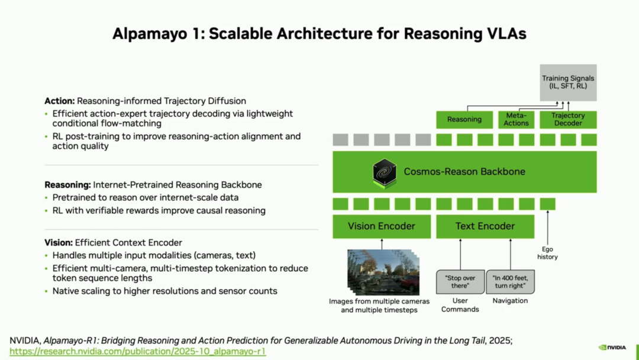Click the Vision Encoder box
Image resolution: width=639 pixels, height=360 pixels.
click(x=382, y=226)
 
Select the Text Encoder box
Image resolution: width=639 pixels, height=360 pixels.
click(x=485, y=226)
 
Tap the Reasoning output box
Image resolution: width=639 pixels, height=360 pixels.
click(x=464, y=120)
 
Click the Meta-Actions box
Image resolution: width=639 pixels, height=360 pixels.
click(x=516, y=120)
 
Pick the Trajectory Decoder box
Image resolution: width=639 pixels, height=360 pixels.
click(x=567, y=120)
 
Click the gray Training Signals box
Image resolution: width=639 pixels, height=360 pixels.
click(x=568, y=82)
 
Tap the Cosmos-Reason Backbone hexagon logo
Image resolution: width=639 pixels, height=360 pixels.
click(x=385, y=172)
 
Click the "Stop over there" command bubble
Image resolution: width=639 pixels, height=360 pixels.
click(x=460, y=282)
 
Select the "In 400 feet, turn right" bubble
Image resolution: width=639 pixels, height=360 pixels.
click(x=510, y=282)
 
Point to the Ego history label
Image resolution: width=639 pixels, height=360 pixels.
click(x=547, y=253)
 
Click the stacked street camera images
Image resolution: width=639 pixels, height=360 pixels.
click(x=382, y=272)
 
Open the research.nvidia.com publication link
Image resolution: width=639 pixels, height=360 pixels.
click(x=138, y=351)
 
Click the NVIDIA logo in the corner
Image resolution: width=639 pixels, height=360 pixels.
click(x=613, y=348)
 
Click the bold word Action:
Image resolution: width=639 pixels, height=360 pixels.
click(x=59, y=101)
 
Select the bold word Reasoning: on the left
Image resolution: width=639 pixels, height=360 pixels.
click(x=67, y=185)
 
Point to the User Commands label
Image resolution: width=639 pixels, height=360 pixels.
click(x=460, y=305)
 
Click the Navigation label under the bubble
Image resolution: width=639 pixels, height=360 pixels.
click(x=510, y=301)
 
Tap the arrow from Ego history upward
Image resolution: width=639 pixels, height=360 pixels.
click(x=547, y=225)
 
